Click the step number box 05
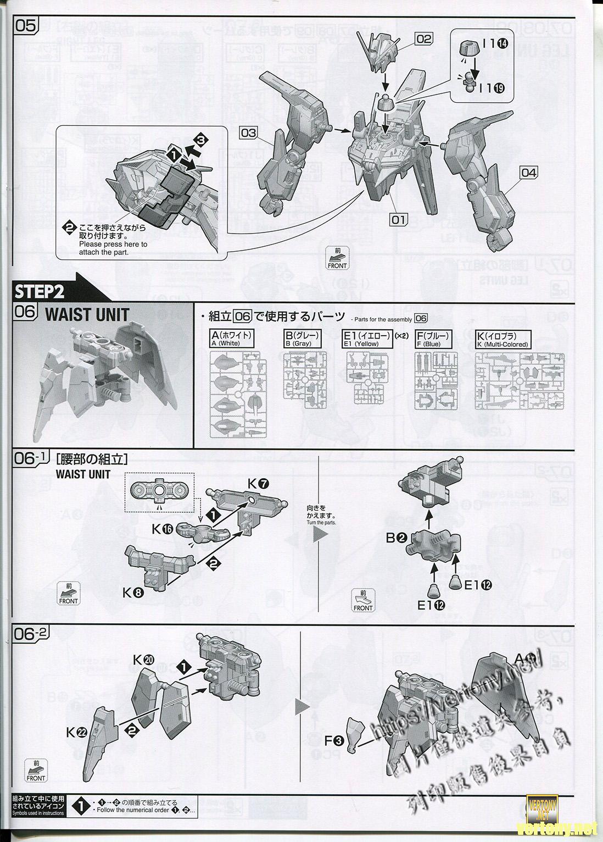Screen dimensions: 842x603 pyautogui.click(x=25, y=26)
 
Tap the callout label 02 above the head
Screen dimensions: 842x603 pyautogui.click(x=423, y=38)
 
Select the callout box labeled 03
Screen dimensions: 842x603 pyautogui.click(x=248, y=132)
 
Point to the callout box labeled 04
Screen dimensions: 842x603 pyautogui.click(x=528, y=173)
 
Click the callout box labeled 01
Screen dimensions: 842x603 pyautogui.click(x=398, y=220)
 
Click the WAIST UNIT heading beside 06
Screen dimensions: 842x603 pyautogui.click(x=87, y=315)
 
